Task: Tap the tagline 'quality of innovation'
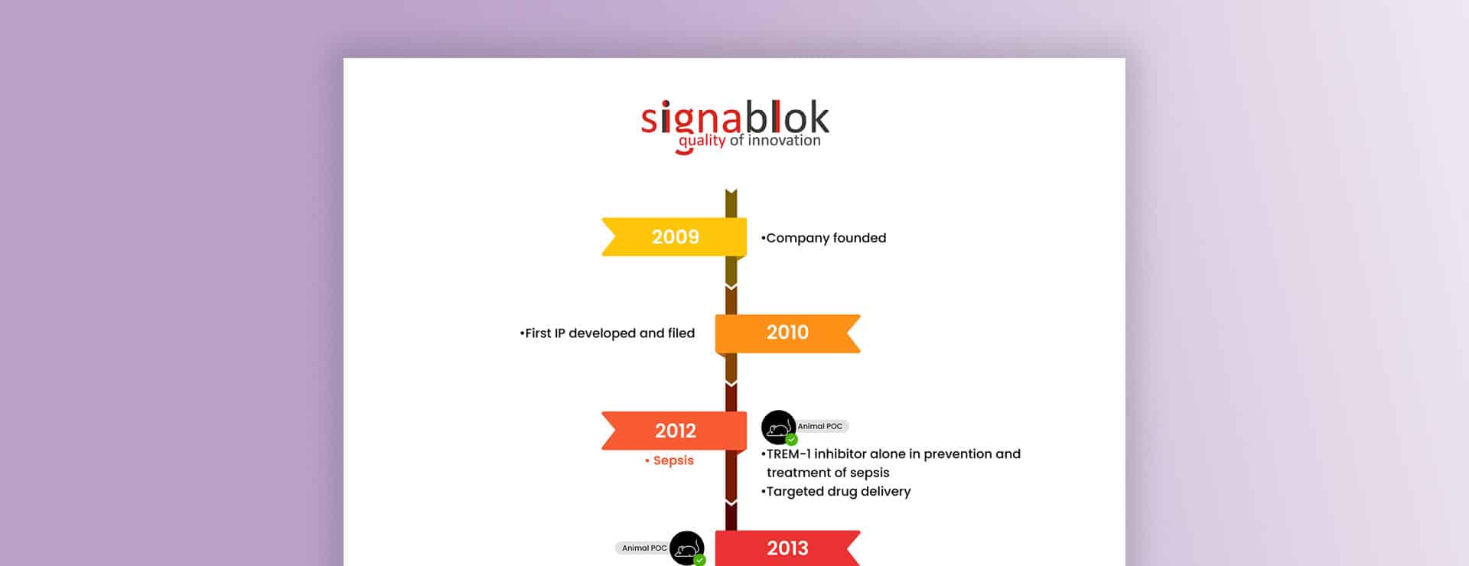tap(749, 141)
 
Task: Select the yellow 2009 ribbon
tap(674, 237)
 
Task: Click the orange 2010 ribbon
tap(788, 333)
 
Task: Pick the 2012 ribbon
tap(674, 431)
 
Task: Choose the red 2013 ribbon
tap(788, 548)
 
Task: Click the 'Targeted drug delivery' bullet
tap(836, 492)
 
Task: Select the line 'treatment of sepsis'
tap(828, 473)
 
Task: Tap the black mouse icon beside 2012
tap(778, 428)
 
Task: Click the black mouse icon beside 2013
tap(686, 548)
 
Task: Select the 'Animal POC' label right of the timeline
tap(821, 427)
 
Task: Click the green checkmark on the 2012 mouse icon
tap(791, 440)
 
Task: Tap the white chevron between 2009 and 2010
tap(731, 286)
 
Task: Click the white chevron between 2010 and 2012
tap(731, 382)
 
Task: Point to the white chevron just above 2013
tap(731, 503)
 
